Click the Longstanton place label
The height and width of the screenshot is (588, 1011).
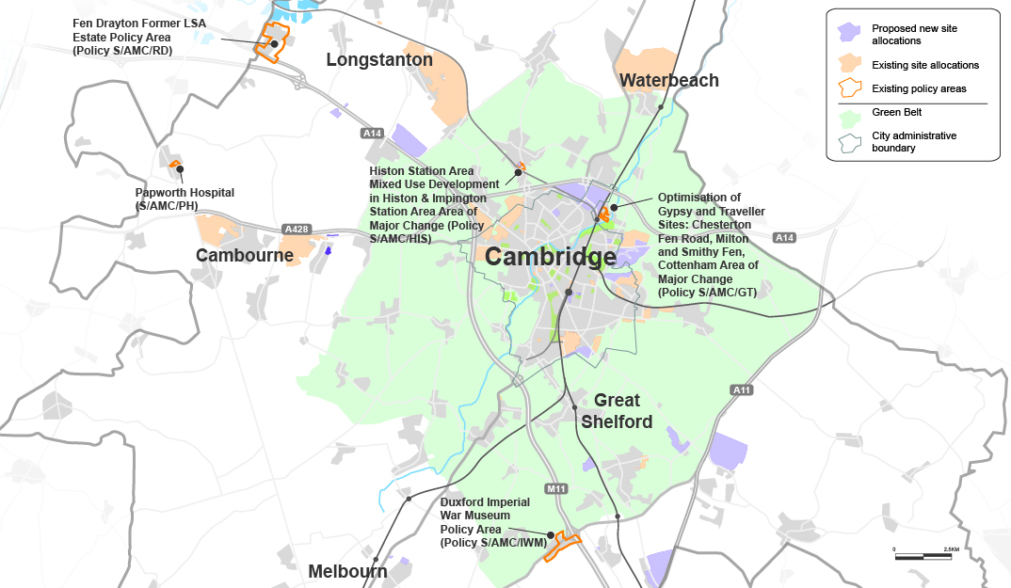click(379, 60)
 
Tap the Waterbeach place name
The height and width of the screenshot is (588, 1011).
click(669, 81)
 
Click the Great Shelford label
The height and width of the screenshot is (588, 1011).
click(617, 411)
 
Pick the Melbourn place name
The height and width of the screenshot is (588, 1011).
click(347, 571)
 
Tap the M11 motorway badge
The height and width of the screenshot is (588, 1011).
click(556, 488)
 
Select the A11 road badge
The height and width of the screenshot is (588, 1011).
click(742, 389)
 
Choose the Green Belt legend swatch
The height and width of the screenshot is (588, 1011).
click(850, 112)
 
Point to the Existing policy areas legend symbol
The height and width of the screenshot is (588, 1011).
click(850, 88)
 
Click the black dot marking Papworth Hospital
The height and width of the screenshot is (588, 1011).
click(180, 169)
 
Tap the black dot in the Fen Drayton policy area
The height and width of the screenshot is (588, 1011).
click(274, 43)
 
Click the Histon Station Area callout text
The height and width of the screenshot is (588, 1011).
click(427, 205)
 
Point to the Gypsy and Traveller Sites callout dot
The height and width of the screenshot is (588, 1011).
click(614, 207)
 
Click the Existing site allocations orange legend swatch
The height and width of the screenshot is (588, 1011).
click(850, 64)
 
